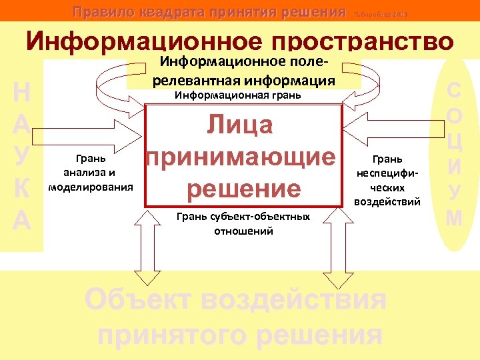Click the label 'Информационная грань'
coord(238,95)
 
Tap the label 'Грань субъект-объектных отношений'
coord(243,223)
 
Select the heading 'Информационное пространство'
coord(240,41)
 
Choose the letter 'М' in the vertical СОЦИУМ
coord(454,217)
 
